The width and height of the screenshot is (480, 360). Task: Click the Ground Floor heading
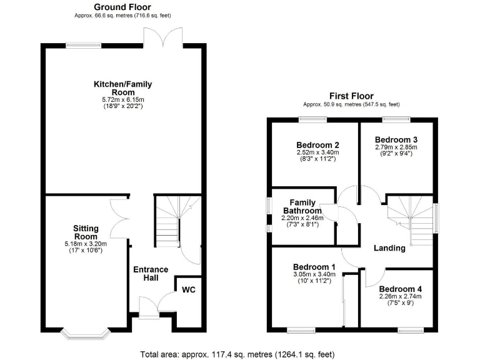point(122,7)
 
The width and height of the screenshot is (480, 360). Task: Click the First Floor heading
point(351,96)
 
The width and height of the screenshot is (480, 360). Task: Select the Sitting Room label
point(86,232)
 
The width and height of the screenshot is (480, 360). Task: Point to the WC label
point(189,290)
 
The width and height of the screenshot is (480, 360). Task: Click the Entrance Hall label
point(151,274)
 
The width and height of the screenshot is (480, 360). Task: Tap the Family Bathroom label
point(303,206)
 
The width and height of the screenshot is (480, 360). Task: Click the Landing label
point(389,248)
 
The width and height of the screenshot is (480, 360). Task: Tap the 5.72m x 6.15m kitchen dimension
point(122,99)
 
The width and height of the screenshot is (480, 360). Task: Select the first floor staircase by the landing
point(409,219)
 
